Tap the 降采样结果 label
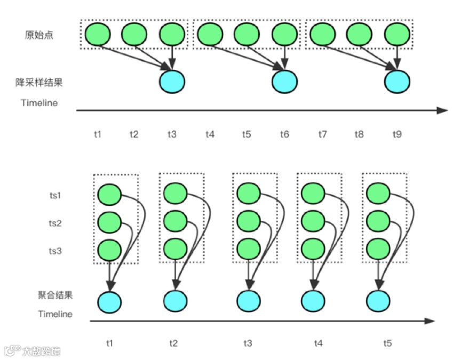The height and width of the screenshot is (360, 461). coord(39,83)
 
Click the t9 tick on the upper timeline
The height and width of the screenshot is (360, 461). coord(397,134)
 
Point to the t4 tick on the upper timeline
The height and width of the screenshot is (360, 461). coord(210,134)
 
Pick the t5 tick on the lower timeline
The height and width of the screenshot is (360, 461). coord(387,343)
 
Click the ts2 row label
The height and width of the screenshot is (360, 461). coord(55,223)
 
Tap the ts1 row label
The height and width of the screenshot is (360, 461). coord(55,195)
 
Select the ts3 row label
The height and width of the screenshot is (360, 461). coord(55,251)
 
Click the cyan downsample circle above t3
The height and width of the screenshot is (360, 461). coord(172,82)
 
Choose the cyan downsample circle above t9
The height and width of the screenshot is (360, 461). coord(397,82)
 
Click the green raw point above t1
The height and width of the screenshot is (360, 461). coord(97,35)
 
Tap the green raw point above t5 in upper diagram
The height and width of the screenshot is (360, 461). coord(247,35)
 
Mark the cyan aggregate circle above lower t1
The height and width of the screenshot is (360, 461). coord(109,301)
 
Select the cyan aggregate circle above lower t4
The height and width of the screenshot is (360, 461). coord(314,301)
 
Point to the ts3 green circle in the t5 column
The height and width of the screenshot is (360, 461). coord(378,249)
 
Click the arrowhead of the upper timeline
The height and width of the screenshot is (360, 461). coord(443,110)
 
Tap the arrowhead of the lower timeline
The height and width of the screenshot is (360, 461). coord(430,321)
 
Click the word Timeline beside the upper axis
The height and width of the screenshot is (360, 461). coord(39,103)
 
